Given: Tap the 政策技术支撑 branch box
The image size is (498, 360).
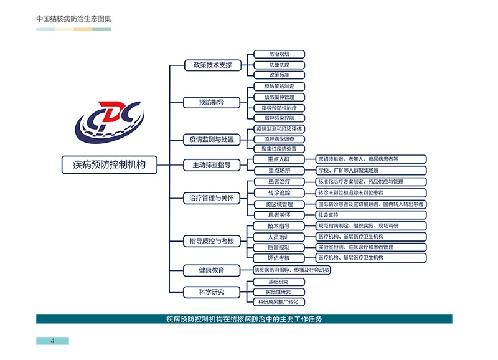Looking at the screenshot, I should (x=212, y=65).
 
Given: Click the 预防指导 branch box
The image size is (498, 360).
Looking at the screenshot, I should (x=212, y=102).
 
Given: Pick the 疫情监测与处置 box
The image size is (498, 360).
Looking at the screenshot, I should (x=212, y=140).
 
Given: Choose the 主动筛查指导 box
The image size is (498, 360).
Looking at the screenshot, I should (x=212, y=164).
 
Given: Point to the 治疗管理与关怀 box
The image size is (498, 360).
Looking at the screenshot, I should (x=212, y=198).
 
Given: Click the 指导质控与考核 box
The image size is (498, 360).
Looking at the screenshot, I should (x=212, y=240).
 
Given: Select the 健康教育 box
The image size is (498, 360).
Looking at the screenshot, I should (x=212, y=270).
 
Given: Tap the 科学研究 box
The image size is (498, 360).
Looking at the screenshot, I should (x=212, y=291).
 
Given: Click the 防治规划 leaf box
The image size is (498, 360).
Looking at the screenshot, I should (x=279, y=54).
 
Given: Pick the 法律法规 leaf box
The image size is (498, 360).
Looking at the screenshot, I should (x=279, y=65).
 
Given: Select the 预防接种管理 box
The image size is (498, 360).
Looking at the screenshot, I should (x=279, y=97).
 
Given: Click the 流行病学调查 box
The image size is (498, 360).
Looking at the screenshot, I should (x=279, y=139).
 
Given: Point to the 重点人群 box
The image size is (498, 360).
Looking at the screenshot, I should (x=279, y=159).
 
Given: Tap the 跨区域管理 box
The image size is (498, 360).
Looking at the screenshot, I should (x=279, y=204).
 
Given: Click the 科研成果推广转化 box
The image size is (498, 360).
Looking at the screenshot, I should (x=279, y=302).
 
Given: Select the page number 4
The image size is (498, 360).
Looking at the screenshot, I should (x=53, y=341).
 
